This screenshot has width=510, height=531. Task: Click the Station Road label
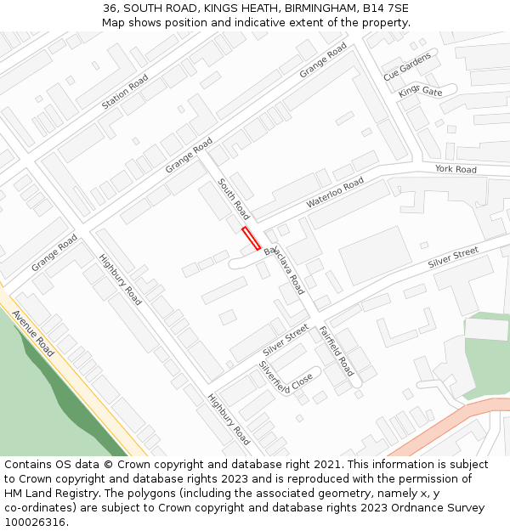coord(125,92)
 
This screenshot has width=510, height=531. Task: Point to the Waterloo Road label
coord(335,192)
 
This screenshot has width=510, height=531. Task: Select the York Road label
coord(456,169)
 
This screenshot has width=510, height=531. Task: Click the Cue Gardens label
coord(407,65)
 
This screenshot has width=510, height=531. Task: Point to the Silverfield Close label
coord(286,376)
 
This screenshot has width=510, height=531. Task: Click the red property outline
coord(251,238)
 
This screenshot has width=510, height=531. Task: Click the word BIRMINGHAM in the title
coord(320,8)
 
